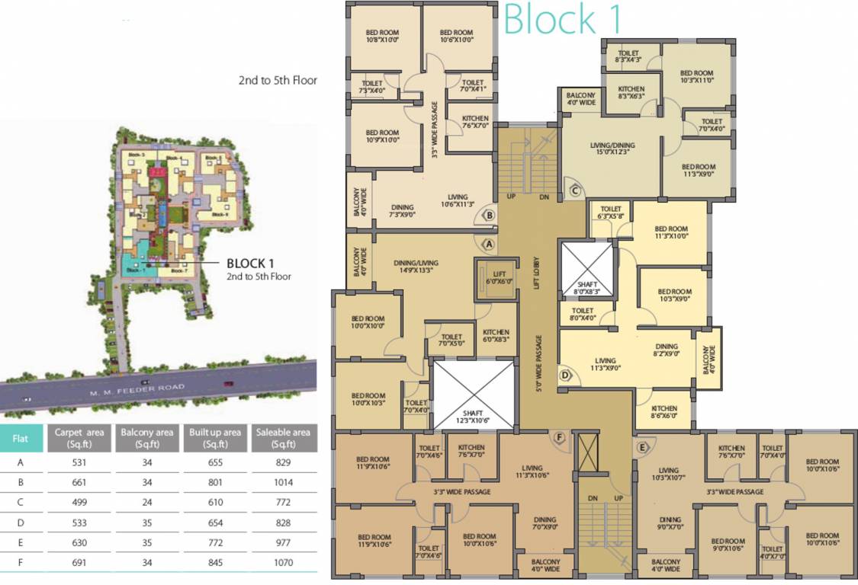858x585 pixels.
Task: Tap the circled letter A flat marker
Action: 489,243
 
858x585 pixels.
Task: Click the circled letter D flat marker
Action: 565,375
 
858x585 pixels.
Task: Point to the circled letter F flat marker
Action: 559,437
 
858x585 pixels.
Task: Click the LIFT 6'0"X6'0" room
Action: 492,277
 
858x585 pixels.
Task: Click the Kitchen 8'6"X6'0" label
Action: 664,412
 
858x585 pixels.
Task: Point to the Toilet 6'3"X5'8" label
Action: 611,213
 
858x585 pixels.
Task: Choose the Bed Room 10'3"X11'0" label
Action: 696,76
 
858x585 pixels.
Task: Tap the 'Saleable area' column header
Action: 283,437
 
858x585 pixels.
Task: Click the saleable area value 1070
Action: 283,562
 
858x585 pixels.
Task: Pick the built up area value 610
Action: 215,502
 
